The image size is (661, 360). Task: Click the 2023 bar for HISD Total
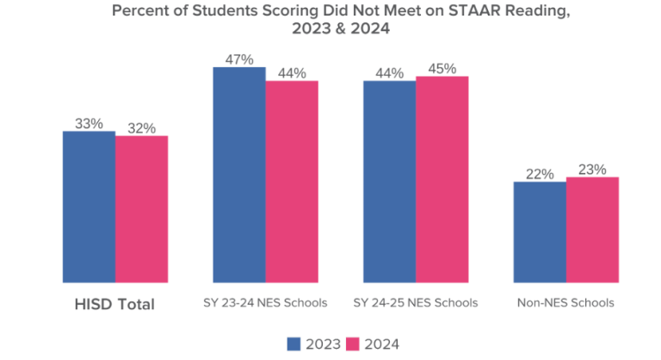(89, 207)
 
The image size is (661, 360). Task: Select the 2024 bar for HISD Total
(141, 208)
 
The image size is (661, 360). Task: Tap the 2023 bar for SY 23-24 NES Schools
(239, 174)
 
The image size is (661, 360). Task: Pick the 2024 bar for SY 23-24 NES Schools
(292, 181)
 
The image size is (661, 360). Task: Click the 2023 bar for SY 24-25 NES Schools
(389, 181)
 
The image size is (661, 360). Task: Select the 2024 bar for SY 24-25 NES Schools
(442, 179)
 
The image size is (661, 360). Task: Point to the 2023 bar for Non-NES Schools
(540, 232)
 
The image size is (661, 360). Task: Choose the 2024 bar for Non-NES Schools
(592, 229)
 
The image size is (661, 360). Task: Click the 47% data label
(239, 59)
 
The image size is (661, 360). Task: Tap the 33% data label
(89, 123)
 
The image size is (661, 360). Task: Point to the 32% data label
(141, 127)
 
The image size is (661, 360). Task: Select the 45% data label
(442, 68)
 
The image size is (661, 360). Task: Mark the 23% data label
(592, 169)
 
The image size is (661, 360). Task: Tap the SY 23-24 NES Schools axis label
(266, 304)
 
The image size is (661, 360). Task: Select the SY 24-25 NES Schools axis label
(416, 304)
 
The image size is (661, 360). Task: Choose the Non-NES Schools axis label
(565, 304)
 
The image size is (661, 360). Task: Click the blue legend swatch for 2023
(293, 344)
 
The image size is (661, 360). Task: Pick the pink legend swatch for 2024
(352, 344)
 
